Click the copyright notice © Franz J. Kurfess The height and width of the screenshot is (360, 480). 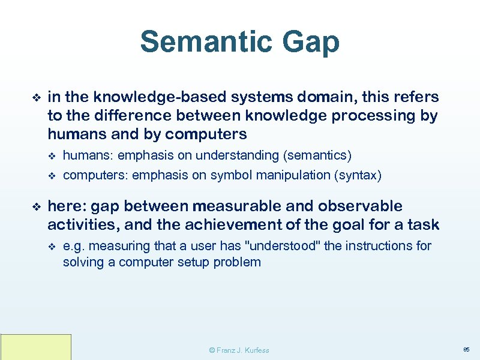pyautogui.click(x=239, y=350)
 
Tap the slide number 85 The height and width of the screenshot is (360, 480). pyautogui.click(x=466, y=349)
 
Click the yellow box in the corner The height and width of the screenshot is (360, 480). pyautogui.click(x=36, y=347)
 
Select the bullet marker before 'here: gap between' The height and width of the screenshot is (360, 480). pyautogui.click(x=35, y=206)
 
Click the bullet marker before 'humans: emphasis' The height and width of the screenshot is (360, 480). pyautogui.click(x=52, y=156)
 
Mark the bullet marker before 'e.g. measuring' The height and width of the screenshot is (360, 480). pyautogui.click(x=52, y=246)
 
